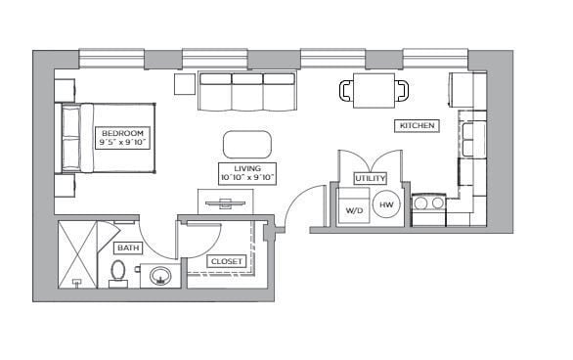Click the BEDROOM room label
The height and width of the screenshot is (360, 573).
(x=121, y=137)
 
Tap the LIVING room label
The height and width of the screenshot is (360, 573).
(x=246, y=173)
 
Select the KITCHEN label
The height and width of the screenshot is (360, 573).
(x=416, y=126)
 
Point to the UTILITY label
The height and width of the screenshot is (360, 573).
(x=371, y=178)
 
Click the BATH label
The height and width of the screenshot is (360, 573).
(x=128, y=248)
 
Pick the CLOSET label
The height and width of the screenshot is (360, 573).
(x=227, y=261)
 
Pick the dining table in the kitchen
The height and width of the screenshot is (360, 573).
(x=374, y=91)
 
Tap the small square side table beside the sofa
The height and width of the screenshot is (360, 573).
(x=185, y=84)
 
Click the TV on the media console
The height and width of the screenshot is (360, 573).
(x=225, y=203)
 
